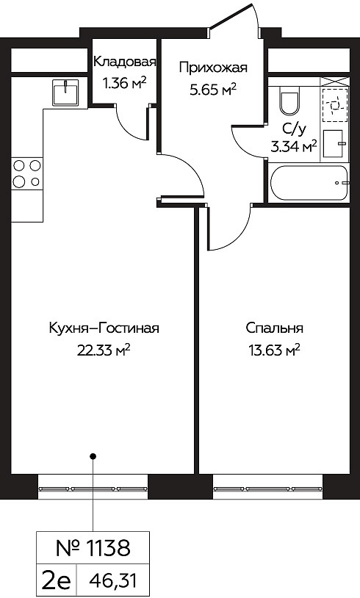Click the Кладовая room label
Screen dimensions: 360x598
pos(125,62)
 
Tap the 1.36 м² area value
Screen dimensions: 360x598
pos(125,83)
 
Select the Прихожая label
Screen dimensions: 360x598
pos(213,68)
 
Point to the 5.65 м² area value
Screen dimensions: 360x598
pos(213,90)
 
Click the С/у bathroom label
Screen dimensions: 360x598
pos(294,131)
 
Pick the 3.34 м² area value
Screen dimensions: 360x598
pos(294,146)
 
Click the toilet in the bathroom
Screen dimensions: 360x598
pos(289,101)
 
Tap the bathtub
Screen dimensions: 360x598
pos(309,183)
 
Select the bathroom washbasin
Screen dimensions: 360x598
pos(334,143)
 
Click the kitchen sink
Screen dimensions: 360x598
pos(66,93)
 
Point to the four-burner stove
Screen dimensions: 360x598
pos(26,173)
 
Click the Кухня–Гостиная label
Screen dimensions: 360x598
pos(104,328)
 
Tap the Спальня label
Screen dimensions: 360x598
pos(274,328)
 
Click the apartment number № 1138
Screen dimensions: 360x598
pos(93,548)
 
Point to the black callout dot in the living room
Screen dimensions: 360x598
pos(93,455)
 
